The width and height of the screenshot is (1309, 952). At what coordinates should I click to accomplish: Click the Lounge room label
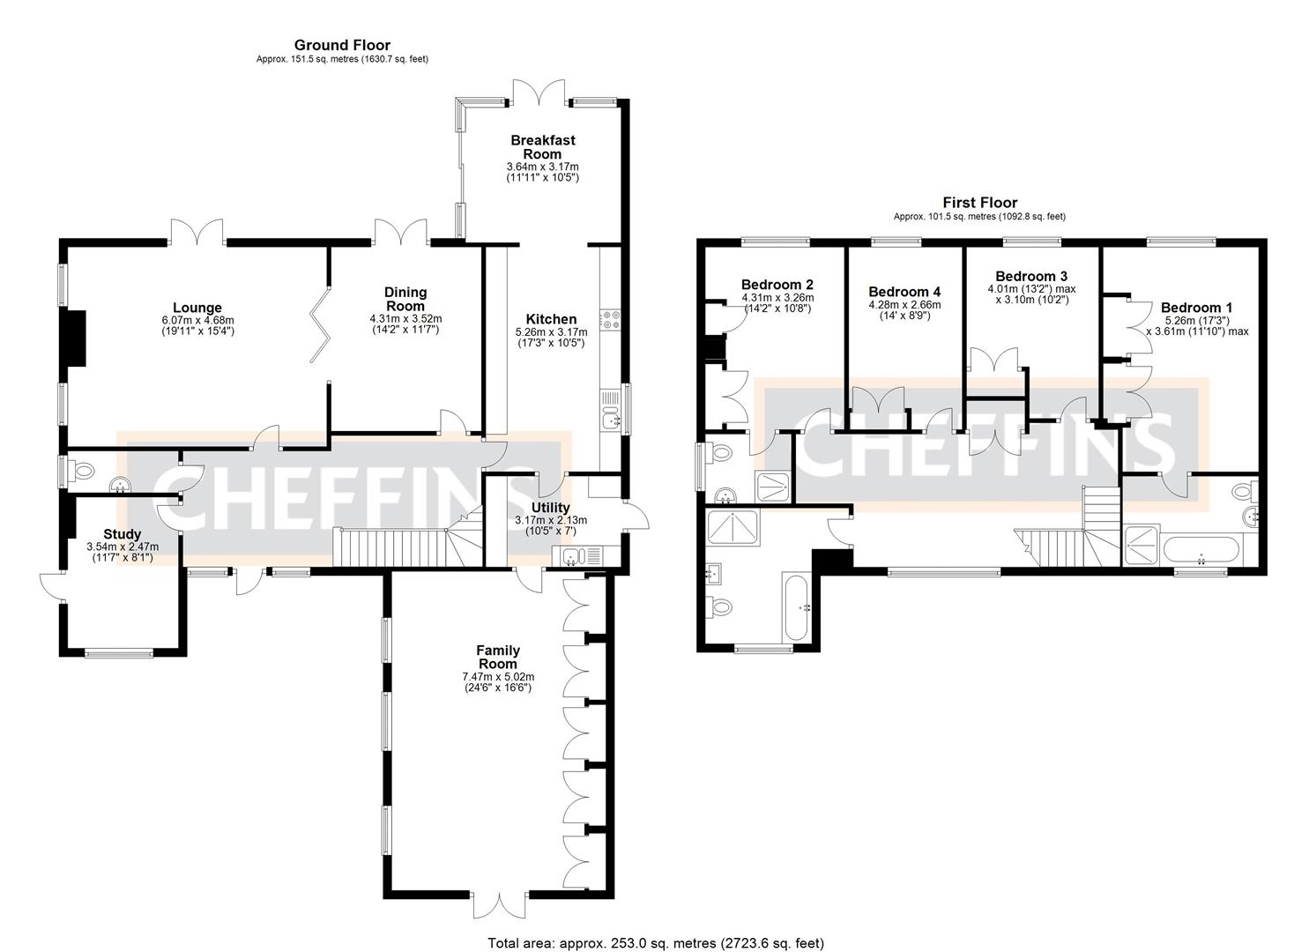click(x=197, y=309)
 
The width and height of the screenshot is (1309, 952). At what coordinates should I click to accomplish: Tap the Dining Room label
click(x=405, y=298)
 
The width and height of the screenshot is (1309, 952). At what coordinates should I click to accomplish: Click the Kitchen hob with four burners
click(x=610, y=320)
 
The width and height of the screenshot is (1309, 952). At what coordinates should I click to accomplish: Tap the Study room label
click(x=123, y=534)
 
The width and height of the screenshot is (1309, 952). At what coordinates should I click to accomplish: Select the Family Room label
click(x=498, y=657)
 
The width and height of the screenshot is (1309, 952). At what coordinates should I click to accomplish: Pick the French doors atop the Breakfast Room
click(x=539, y=93)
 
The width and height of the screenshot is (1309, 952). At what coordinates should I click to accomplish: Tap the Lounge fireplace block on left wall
click(x=76, y=338)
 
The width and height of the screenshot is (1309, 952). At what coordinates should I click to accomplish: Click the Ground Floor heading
click(x=342, y=45)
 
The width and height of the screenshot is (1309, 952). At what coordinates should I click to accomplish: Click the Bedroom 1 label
click(x=1196, y=308)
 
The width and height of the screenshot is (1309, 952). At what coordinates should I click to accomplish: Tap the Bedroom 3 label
click(x=1031, y=276)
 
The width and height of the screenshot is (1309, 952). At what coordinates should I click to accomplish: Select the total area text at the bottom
click(x=657, y=942)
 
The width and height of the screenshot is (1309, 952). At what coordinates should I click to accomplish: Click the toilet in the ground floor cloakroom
click(x=82, y=472)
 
